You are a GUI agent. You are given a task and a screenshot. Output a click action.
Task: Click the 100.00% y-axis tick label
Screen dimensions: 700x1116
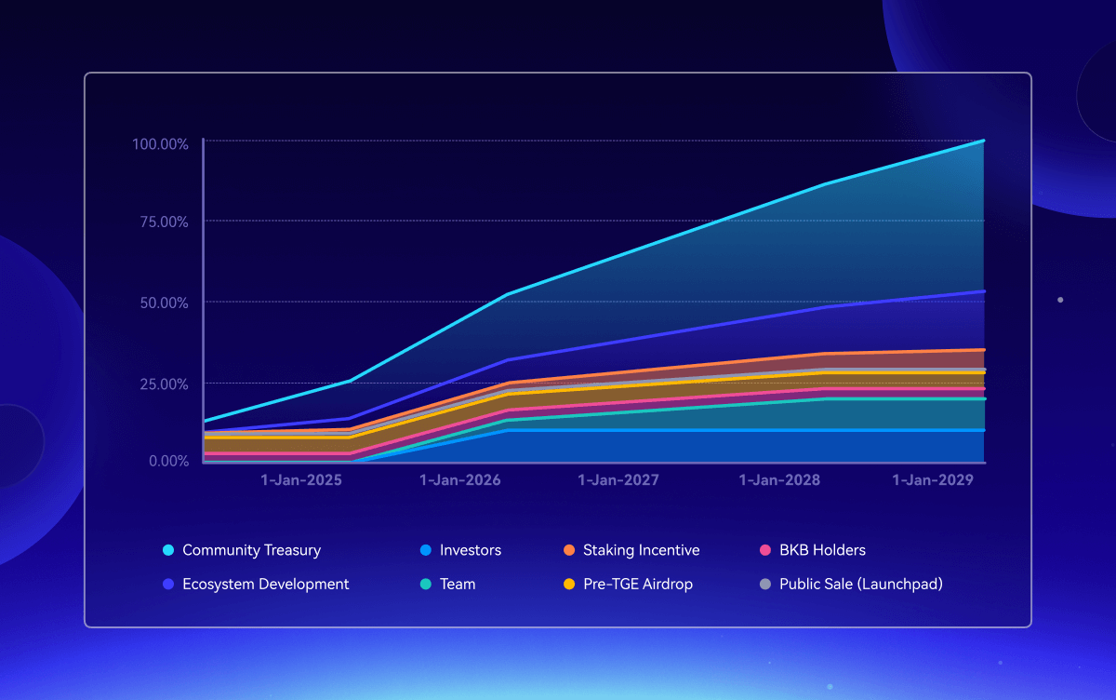pyautogui.click(x=161, y=144)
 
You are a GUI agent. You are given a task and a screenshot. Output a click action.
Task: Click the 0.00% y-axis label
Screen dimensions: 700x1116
pyautogui.click(x=168, y=461)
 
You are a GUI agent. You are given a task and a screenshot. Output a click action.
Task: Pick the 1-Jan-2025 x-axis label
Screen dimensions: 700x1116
pyautogui.click(x=300, y=480)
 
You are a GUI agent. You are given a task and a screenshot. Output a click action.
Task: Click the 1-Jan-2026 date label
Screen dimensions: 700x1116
pyautogui.click(x=460, y=480)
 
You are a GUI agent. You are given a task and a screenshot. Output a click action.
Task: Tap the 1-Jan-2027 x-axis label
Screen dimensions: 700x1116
pyautogui.click(x=618, y=480)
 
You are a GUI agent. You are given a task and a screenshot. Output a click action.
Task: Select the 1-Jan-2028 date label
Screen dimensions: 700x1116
pyautogui.click(x=779, y=480)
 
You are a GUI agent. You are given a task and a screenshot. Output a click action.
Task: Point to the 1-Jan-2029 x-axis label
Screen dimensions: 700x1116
pyautogui.click(x=933, y=480)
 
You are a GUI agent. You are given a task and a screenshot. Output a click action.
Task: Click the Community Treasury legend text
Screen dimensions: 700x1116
pyautogui.click(x=251, y=550)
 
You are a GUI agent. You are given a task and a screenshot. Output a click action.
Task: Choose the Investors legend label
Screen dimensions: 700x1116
pyautogui.click(x=470, y=550)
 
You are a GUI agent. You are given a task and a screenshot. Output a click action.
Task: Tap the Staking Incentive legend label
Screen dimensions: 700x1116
pyautogui.click(x=641, y=550)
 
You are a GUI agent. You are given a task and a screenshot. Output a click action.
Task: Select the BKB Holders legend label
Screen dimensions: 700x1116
pyautogui.click(x=822, y=550)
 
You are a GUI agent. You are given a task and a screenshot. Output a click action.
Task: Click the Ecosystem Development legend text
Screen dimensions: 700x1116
pyautogui.click(x=265, y=585)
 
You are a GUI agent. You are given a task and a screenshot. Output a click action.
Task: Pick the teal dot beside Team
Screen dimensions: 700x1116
pyautogui.click(x=425, y=585)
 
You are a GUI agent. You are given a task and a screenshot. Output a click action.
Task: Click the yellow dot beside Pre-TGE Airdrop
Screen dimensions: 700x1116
pyautogui.click(x=568, y=585)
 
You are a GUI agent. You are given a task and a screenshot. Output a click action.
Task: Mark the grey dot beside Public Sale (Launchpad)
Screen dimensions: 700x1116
pyautogui.click(x=764, y=585)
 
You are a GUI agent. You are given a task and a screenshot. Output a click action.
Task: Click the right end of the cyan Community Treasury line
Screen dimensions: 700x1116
pyautogui.click(x=983, y=141)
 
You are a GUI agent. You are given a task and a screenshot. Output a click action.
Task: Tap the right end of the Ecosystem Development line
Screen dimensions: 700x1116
pyautogui.click(x=983, y=291)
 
